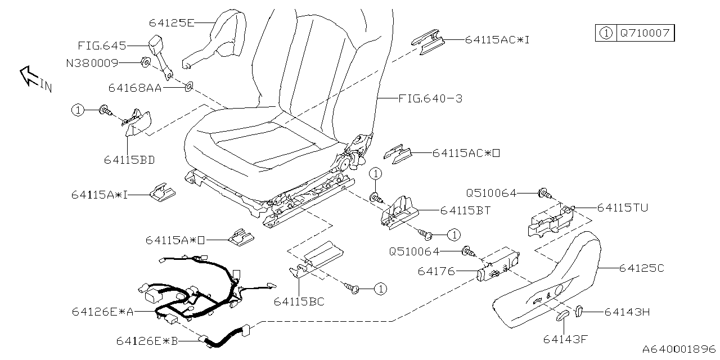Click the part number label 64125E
pos(172,23)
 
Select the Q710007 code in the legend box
pos(645,33)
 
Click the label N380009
pos(92,64)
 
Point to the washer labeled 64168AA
pos(188,87)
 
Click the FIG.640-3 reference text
pos(430,99)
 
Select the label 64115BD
pos(129,160)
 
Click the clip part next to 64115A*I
pos(162,192)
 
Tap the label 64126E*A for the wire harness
pos(102,312)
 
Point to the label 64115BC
pos(299,302)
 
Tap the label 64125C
pos(641,269)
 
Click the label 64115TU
pos(622,208)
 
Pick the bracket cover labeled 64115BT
pos(400,213)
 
